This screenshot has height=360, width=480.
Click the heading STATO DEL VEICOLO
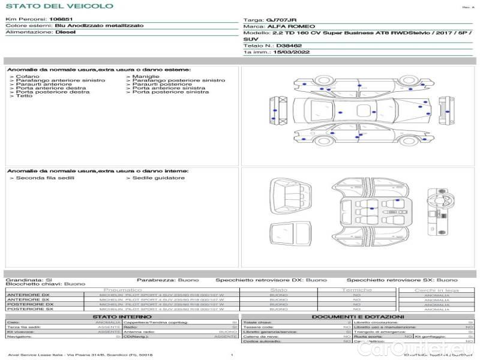click(59, 6)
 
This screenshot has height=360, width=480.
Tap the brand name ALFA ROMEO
click(286, 26)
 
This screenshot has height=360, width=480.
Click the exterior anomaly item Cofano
click(28, 77)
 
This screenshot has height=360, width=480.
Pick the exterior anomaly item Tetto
click(25, 96)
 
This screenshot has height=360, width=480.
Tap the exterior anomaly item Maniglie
click(146, 77)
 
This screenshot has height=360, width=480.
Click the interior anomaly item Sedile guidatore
click(158, 178)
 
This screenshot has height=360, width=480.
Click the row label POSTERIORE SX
click(29, 309)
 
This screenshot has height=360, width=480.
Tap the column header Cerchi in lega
click(436, 290)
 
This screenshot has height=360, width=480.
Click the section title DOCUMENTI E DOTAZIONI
click(358, 317)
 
